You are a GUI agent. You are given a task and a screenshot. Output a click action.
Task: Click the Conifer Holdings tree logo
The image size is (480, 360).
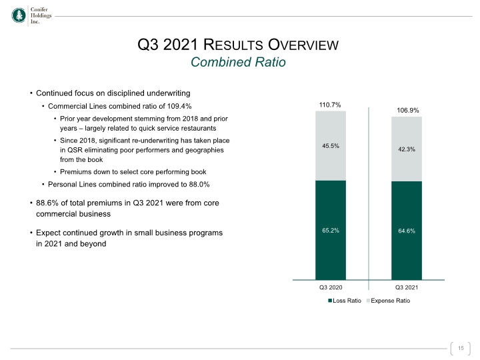tap(19, 15)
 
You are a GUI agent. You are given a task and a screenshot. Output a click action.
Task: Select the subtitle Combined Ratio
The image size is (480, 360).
tap(238, 62)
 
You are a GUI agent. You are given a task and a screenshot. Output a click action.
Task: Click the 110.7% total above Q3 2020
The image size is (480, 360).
tap(330, 105)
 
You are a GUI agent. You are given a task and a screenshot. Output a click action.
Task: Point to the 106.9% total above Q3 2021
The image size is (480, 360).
tap(408, 111)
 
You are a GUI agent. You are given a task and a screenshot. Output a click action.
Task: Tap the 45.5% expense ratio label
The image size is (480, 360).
tap(331, 146)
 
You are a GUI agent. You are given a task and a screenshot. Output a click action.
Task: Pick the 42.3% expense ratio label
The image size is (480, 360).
tap(407, 149)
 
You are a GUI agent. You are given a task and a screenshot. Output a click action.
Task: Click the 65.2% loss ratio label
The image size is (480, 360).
tap(331, 231)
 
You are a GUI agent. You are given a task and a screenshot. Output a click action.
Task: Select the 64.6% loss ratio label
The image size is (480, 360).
tap(407, 231)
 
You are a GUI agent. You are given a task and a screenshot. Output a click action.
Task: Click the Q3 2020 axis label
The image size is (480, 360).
tap(331, 287)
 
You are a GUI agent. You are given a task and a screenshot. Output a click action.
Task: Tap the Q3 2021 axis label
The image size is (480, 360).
tap(407, 287)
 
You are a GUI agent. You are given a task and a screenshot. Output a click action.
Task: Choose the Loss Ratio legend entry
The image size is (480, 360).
tap(345, 301)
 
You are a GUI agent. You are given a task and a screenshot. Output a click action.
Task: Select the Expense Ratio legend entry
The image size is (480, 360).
tap(388, 301)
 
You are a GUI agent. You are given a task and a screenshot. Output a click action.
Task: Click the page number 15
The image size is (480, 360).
tap(461, 348)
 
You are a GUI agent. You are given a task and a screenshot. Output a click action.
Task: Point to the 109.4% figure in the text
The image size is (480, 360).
tap(179, 106)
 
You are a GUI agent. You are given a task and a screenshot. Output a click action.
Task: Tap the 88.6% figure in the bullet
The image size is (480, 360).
tap(47, 203)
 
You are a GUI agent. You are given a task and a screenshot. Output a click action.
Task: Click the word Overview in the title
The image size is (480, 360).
tap(303, 45)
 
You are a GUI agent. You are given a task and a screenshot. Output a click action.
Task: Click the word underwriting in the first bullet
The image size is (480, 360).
tap(169, 93)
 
